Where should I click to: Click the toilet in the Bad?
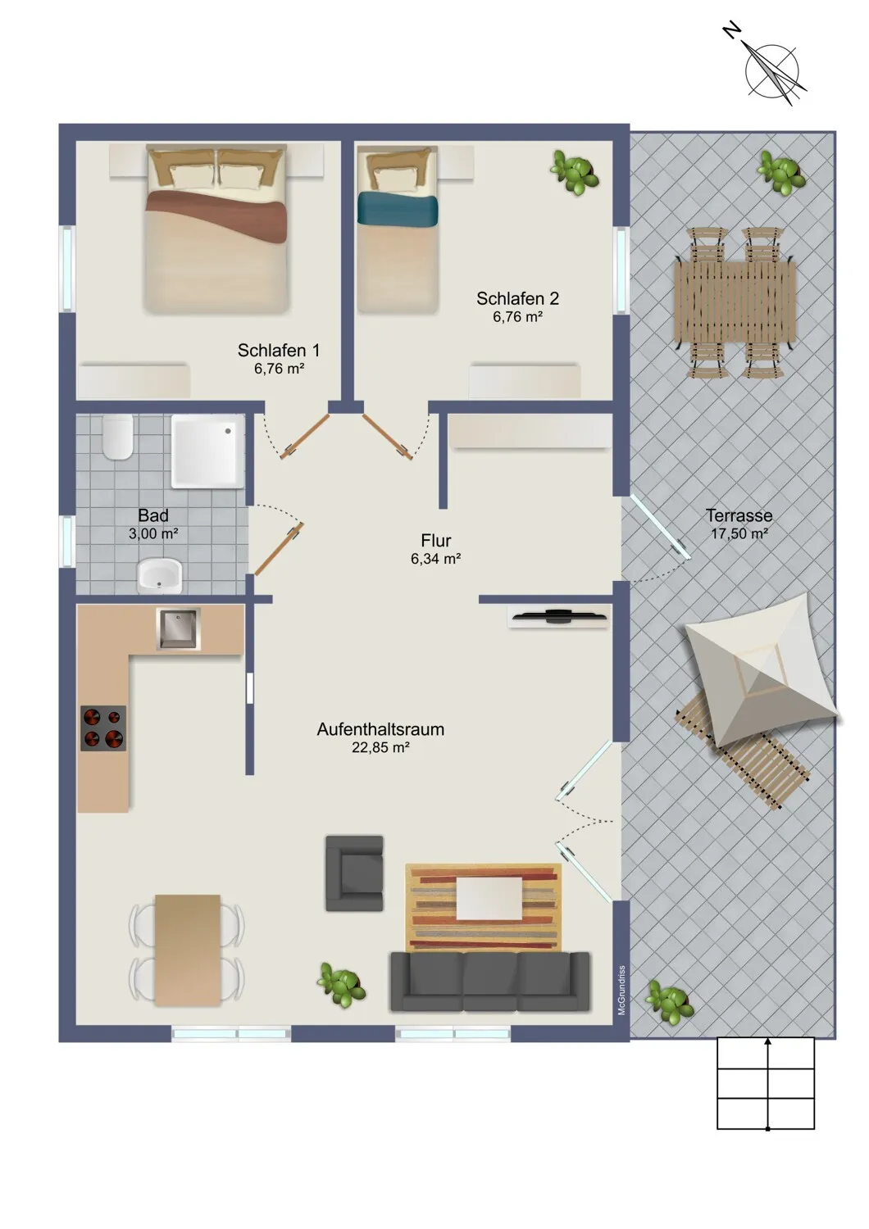tap(118, 437)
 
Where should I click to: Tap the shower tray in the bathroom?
tap(207, 451)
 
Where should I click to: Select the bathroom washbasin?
tap(159, 575)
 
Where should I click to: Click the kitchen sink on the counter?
tap(178, 628)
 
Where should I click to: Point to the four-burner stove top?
tap(103, 728)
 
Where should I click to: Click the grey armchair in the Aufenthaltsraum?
tap(354, 873)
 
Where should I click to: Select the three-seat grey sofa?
tap(489, 981)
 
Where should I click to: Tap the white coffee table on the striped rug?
tap(489, 898)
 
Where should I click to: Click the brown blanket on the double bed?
tap(216, 215)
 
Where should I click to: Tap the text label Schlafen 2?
tap(517, 298)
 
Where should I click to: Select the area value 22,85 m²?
tap(381, 747)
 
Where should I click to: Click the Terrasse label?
tap(739, 515)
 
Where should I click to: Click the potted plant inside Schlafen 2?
tap(574, 172)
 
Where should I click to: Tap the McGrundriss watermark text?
tap(621, 990)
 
